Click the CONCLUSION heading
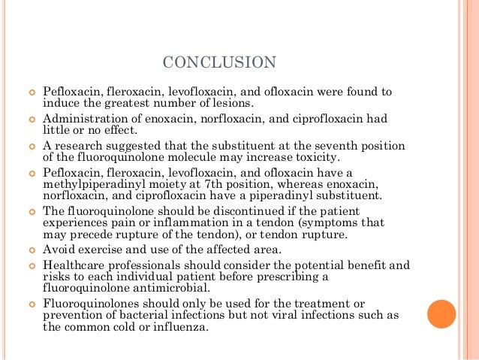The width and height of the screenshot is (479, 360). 219,61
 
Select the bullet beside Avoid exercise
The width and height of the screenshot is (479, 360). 31,250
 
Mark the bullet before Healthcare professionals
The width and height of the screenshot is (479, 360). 31,265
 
